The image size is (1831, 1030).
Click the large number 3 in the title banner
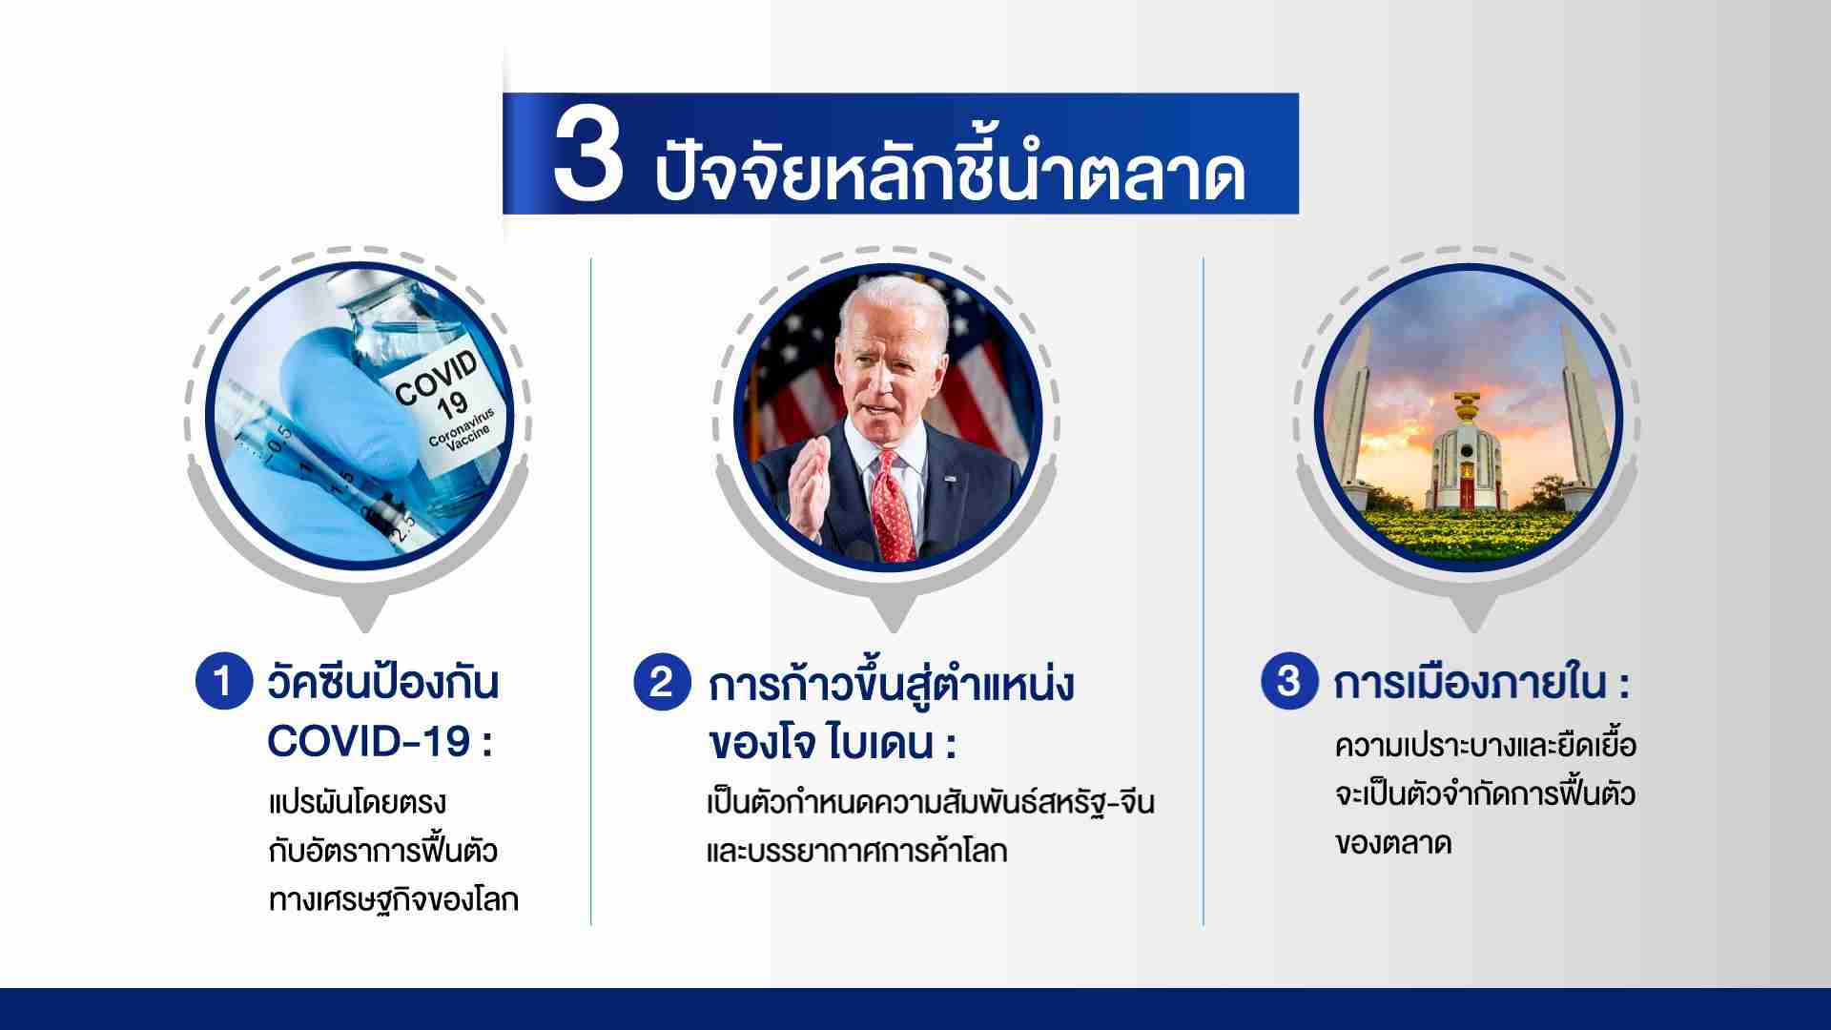coord(587,155)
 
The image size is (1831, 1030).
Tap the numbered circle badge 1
coord(223,682)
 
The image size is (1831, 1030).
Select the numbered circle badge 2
coord(662,682)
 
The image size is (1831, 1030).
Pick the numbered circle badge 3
coord(1288,681)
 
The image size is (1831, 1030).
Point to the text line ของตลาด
coord(1393,845)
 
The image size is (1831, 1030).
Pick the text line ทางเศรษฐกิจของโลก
coord(394,899)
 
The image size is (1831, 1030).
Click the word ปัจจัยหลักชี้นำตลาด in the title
coord(950,170)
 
